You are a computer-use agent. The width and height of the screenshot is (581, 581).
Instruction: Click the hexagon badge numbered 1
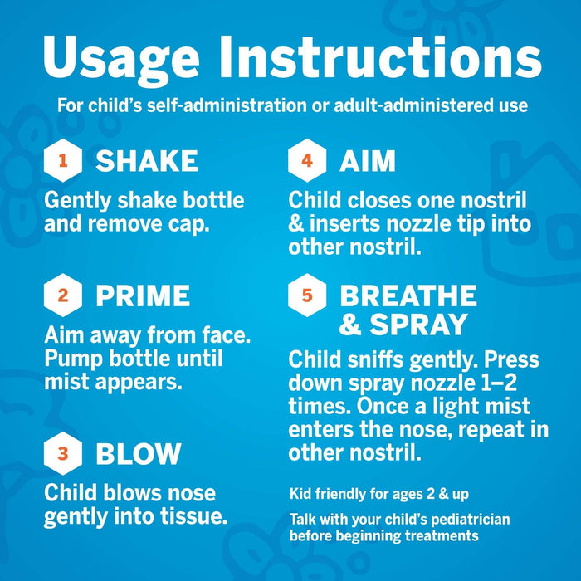click(63, 160)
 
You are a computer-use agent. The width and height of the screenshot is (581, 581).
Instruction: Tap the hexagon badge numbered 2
click(63, 295)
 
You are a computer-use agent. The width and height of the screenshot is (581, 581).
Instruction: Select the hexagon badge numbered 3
click(63, 453)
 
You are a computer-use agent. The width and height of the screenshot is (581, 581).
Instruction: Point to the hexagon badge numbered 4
click(307, 160)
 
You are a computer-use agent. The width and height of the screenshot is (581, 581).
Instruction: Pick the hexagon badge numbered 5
click(307, 295)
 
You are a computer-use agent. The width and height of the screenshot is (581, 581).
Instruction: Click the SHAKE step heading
click(147, 160)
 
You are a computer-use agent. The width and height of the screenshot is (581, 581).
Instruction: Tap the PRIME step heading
click(143, 295)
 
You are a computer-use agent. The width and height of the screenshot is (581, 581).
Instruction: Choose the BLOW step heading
click(138, 453)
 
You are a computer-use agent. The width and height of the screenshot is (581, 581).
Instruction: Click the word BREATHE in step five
click(408, 295)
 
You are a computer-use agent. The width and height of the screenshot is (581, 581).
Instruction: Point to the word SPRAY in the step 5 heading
click(427, 324)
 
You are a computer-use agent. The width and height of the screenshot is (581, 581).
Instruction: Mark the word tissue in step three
click(193, 516)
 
